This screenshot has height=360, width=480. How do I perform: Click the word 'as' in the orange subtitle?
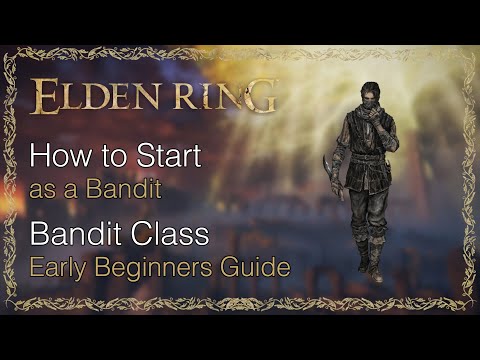[x=41, y=188]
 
